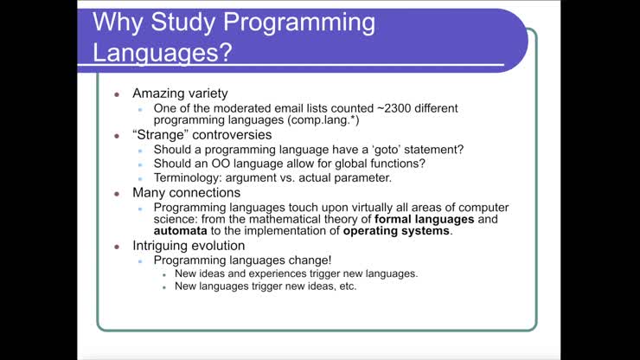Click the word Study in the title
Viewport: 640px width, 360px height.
189,22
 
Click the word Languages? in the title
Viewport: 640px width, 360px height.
163,53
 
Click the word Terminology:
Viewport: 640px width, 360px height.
194,177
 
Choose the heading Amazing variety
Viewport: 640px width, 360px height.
180,93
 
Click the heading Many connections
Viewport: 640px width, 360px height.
186,192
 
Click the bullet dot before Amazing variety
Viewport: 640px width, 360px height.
118,94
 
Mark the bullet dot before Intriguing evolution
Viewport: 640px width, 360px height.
118,247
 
